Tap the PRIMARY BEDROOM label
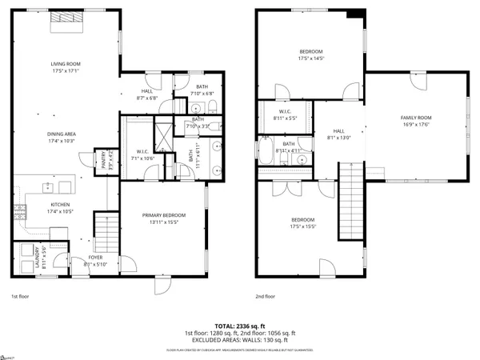pyautogui.click(x=163, y=215)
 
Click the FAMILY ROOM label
pyautogui.click(x=416, y=118)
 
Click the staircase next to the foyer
pyautogui.click(x=104, y=231)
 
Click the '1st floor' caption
pyautogui.click(x=21, y=295)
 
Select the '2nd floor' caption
pyautogui.click(x=265, y=295)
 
